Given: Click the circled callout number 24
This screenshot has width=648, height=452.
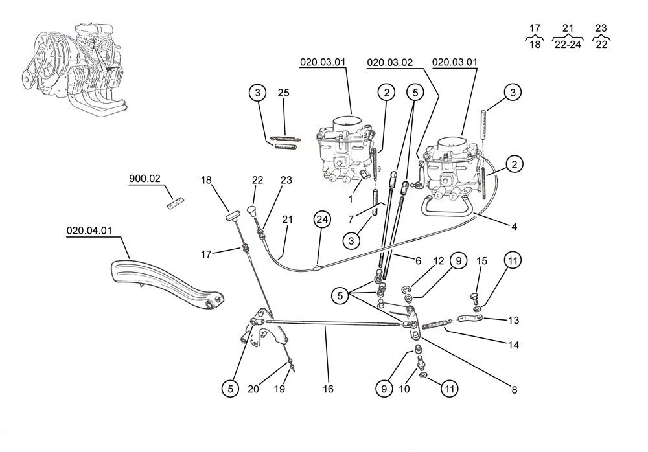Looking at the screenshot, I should tap(321, 220).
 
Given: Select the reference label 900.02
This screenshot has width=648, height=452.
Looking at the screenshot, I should tap(145, 179).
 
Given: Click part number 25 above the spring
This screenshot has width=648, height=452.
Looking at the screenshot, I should tap(283, 93).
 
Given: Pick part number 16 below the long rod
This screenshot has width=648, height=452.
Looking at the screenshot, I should tap(328, 389).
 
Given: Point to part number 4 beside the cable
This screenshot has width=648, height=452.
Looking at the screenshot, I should tap(514, 227).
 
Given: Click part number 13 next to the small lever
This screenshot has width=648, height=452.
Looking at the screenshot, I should tap(513, 320).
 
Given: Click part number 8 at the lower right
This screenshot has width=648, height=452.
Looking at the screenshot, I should tap(514, 390).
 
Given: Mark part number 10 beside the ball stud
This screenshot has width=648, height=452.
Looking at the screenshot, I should tap(405, 389).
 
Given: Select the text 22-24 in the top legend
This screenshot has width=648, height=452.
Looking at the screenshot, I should tap(567, 45).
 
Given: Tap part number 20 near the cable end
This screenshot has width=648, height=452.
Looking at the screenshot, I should tap(253, 389).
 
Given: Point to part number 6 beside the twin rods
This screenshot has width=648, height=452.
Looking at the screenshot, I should tap(417, 260).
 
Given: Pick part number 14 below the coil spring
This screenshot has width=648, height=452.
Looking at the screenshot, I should tap(514, 346).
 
